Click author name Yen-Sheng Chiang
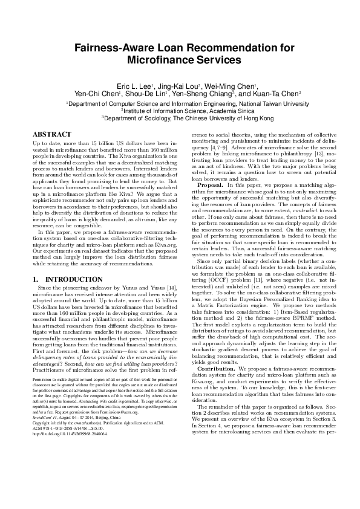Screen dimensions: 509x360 [203, 94]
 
